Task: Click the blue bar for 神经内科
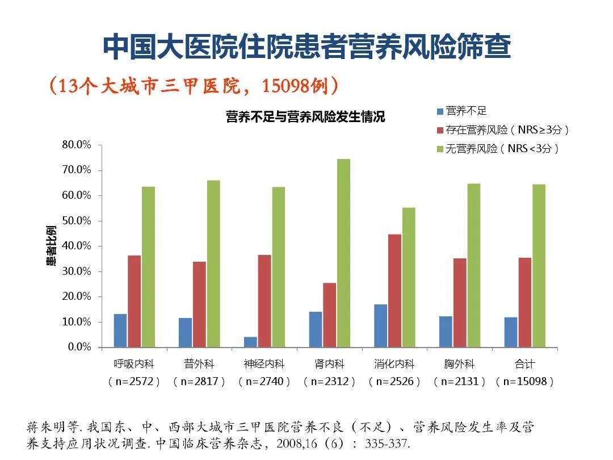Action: [250, 342]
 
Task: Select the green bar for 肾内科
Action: [344, 253]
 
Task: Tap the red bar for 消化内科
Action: [395, 290]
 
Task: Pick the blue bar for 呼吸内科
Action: [120, 330]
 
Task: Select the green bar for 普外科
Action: [213, 264]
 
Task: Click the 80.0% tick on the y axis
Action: [77, 145]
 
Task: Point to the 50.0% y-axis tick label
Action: [77, 221]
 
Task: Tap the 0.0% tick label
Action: [79, 347]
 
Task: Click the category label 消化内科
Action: [394, 364]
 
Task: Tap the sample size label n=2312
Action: [330, 382]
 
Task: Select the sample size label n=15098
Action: [525, 382]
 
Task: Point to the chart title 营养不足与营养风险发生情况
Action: [305, 118]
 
